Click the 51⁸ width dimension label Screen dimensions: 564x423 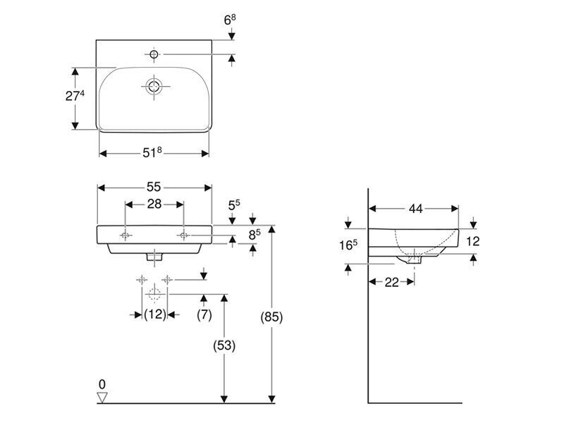tap(152, 152)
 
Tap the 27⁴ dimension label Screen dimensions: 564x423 tap(75, 96)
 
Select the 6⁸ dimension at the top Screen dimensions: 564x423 tap(230, 20)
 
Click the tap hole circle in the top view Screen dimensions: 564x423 tap(154, 54)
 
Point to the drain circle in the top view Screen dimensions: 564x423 tap(154, 87)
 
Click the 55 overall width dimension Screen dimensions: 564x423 tap(154, 187)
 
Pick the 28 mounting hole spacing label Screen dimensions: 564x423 tap(154, 204)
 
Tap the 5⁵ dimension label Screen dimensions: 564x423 tap(234, 205)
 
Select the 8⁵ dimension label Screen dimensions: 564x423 tap(255, 235)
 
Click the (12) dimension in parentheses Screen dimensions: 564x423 tap(155, 314)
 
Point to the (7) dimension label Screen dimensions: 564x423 tap(204, 314)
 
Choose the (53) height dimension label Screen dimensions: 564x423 tap(224, 345)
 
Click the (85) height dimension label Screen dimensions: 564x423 tap(271, 317)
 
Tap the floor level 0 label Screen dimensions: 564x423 tap(102, 384)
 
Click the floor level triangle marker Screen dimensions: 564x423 tap(102, 398)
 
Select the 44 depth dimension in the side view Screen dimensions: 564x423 tap(415, 209)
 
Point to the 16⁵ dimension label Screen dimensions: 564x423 tap(348, 245)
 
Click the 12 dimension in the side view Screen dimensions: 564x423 tap(472, 241)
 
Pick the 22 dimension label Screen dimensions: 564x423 tap(392, 283)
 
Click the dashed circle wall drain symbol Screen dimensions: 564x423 tap(154, 294)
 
